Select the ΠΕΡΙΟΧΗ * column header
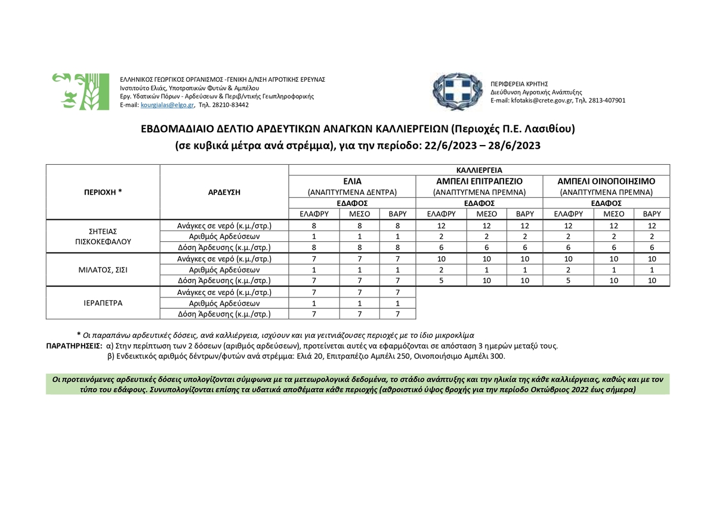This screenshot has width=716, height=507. tap(103, 192)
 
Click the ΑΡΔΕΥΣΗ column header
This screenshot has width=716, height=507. tap(224, 192)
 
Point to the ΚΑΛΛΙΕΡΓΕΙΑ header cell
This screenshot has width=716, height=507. tap(479, 170)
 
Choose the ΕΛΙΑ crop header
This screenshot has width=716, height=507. tap(352, 181)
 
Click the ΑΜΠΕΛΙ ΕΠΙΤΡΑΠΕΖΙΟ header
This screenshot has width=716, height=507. tap(479, 181)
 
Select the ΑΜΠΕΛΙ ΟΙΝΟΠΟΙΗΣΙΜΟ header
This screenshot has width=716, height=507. tap(606, 181)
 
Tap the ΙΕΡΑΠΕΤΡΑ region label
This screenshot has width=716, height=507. tap(103, 303)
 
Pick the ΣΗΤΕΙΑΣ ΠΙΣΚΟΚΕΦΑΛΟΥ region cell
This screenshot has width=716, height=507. tap(103, 236)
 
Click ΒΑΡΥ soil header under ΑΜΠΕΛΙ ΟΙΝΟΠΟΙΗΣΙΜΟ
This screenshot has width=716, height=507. tap(652, 214)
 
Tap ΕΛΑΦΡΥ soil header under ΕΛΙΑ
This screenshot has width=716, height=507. tap(314, 214)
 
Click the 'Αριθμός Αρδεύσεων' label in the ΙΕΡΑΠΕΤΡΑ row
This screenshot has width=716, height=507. tap(224, 303)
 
